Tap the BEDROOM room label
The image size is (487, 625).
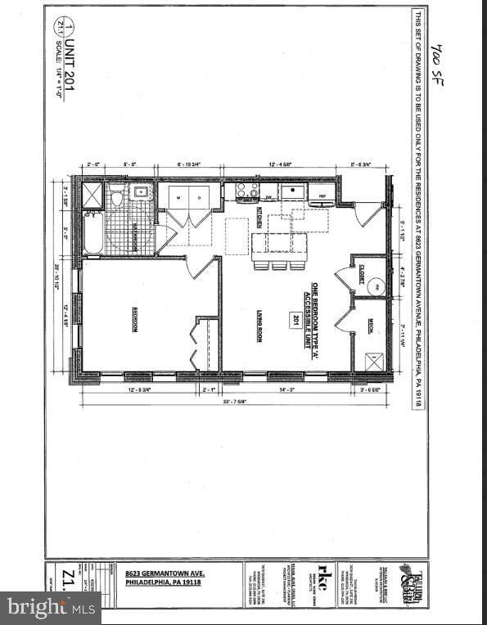pyautogui.click(x=136, y=320)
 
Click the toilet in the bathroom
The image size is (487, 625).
pyautogui.click(x=116, y=197)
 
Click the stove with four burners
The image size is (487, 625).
pyautogui.click(x=247, y=191)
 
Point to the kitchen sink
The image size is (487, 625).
pyautogui.click(x=291, y=192)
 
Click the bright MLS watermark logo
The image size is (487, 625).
pyautogui.click(x=51, y=607)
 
